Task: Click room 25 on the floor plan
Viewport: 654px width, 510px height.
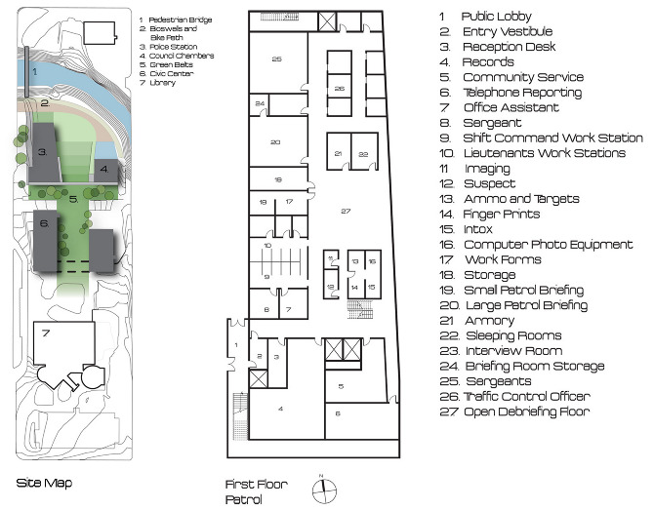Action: point(276,60)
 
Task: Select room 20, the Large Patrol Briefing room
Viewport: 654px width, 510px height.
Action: point(275,142)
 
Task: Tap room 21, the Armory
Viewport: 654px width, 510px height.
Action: point(338,154)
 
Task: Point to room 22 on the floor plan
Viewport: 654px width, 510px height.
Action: point(363,154)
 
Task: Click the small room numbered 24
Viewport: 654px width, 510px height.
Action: point(259,103)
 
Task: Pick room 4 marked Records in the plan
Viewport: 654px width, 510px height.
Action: point(281,408)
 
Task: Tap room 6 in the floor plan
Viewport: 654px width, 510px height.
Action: point(339,414)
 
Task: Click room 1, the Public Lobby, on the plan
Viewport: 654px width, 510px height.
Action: point(235,345)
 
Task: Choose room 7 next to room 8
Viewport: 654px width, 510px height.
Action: point(289,309)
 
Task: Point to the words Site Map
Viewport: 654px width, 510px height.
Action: point(44,483)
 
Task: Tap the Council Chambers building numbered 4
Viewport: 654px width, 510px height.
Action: point(105,172)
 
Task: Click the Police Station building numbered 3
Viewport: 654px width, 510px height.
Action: point(43,154)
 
